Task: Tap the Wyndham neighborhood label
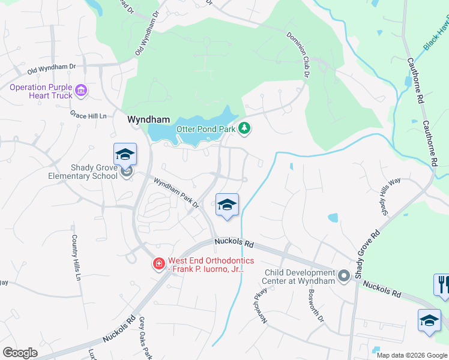tap(148, 119)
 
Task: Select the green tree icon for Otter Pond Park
tap(244, 128)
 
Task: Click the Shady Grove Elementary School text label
tap(83, 172)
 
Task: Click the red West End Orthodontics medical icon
tap(159, 264)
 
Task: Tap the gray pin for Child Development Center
tap(343, 276)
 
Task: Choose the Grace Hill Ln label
tap(88, 114)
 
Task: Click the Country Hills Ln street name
tap(76, 257)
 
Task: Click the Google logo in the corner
tap(20, 353)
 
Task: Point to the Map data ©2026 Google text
tap(412, 355)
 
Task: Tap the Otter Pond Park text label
tap(205, 129)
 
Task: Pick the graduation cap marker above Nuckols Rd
tap(227, 205)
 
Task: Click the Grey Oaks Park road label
tap(145, 338)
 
